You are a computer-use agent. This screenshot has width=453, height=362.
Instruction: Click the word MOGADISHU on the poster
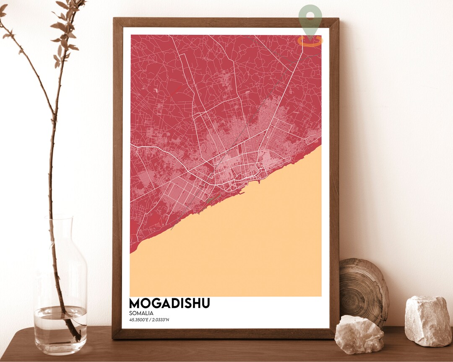pos(169,303)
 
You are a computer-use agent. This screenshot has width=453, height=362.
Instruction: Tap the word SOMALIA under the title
pos(141,313)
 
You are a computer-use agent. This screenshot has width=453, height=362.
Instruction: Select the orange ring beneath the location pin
pos(310,41)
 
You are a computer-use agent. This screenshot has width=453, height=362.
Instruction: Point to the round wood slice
pos(363,289)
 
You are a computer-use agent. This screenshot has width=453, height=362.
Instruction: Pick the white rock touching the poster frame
pos(359,334)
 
